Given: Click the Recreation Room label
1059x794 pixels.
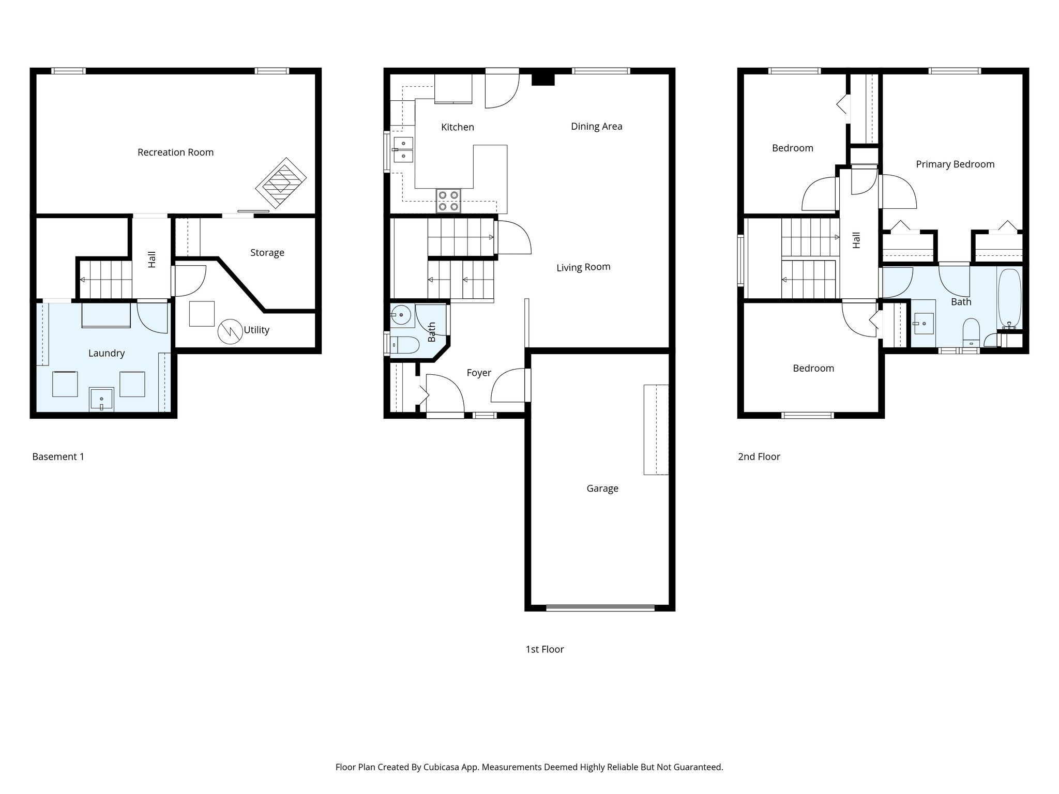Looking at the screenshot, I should coord(175,152).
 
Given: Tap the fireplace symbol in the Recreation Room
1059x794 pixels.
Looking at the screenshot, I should coord(281,182).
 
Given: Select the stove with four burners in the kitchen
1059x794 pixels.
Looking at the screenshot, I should coord(448,201).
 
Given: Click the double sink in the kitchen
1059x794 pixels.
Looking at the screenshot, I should coord(403,149).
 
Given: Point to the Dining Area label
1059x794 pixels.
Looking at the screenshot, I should coord(596,126).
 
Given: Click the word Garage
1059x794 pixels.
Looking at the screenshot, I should coord(602,488).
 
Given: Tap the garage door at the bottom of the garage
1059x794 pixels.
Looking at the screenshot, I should coord(600,608).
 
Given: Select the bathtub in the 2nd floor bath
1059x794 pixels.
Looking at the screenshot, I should coord(1009,298).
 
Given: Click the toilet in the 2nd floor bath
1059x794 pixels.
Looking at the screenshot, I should coord(971,332).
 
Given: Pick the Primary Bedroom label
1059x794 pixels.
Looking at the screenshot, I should coord(955,164).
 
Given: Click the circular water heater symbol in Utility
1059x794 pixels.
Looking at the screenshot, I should coord(230,332).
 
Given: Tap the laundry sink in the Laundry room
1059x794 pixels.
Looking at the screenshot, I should coord(101,400).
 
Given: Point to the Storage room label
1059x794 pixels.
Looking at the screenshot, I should coord(267,252).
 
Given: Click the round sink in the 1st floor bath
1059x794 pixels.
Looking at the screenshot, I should coord(401,314).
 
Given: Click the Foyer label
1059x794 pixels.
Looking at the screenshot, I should coord(478,373).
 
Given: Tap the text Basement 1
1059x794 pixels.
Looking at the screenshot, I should coord(58,456).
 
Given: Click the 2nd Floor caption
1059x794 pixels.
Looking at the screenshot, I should coord(759,456).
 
